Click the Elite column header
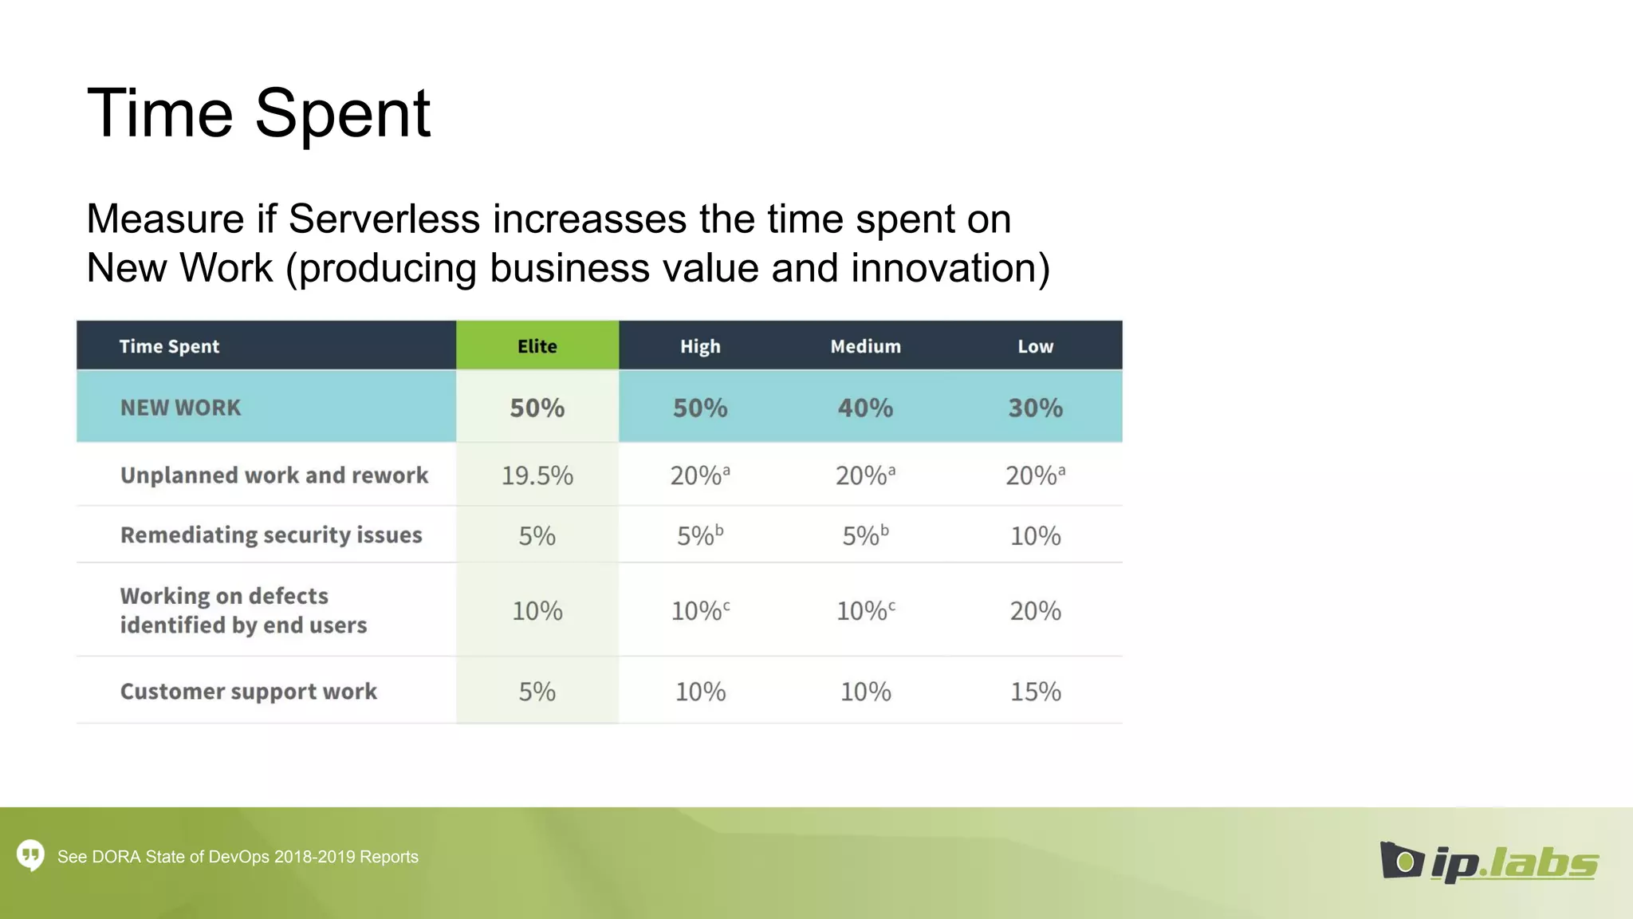click(537, 346)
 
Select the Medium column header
click(865, 346)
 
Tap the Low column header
click(1035, 346)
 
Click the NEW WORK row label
click(180, 408)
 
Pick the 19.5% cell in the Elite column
click(537, 475)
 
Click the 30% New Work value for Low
click(1035, 408)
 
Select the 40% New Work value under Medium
click(865, 408)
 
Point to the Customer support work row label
click(248, 691)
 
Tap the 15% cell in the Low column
click(1035, 691)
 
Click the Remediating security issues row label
click(271, 534)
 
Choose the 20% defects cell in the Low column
click(1035, 611)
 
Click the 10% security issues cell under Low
click(1035, 535)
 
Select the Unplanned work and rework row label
click(274, 475)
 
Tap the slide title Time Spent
click(258, 113)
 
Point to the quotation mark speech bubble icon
click(30, 855)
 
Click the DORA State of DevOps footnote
click(238, 857)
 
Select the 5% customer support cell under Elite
click(537, 691)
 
